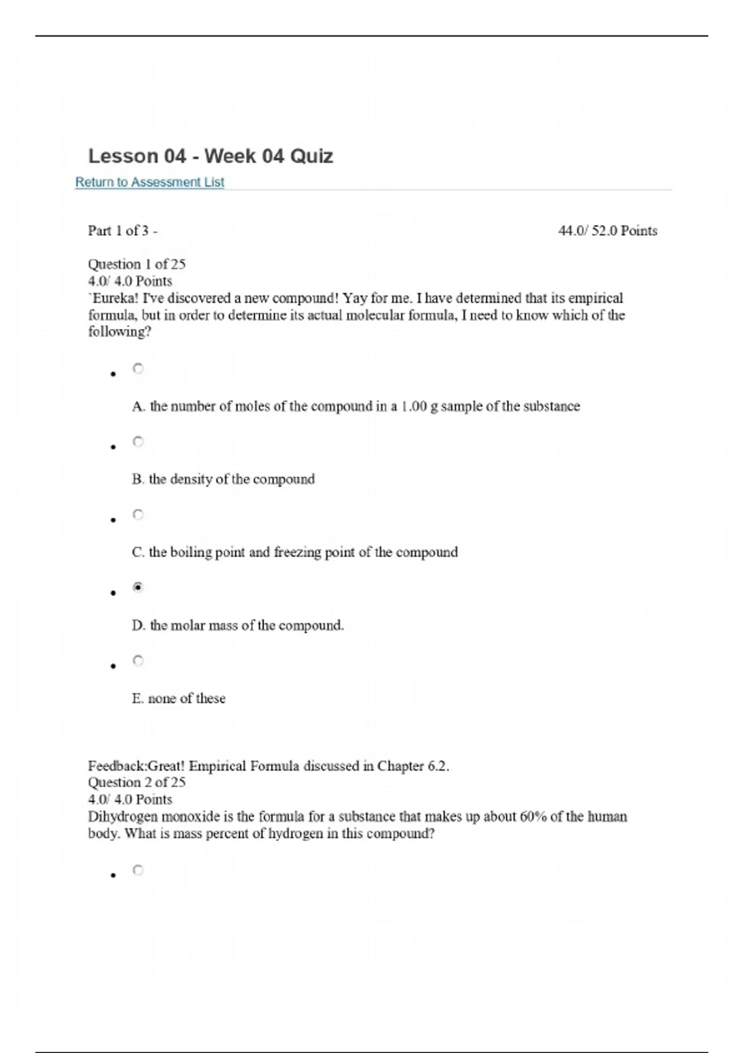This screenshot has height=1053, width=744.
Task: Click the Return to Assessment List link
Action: pyautogui.click(x=149, y=182)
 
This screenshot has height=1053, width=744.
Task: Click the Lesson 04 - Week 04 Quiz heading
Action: pyautogui.click(x=210, y=156)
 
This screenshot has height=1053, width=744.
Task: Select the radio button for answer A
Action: pyautogui.click(x=138, y=369)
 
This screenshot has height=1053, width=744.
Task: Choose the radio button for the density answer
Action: pyautogui.click(x=138, y=442)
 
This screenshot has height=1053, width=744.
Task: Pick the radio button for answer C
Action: pyautogui.click(x=138, y=515)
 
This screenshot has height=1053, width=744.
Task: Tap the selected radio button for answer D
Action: pyautogui.click(x=138, y=587)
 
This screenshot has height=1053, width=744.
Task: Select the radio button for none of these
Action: pyautogui.click(x=138, y=660)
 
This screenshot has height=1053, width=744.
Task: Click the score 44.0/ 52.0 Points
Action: pyautogui.click(x=607, y=231)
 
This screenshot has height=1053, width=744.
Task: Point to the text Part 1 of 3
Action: pyautogui.click(x=122, y=231)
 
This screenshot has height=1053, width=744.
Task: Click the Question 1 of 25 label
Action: pyautogui.click(x=136, y=264)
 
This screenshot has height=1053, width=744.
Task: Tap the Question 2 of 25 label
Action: pyautogui.click(x=136, y=782)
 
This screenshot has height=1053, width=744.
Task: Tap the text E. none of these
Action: pyautogui.click(x=179, y=699)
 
